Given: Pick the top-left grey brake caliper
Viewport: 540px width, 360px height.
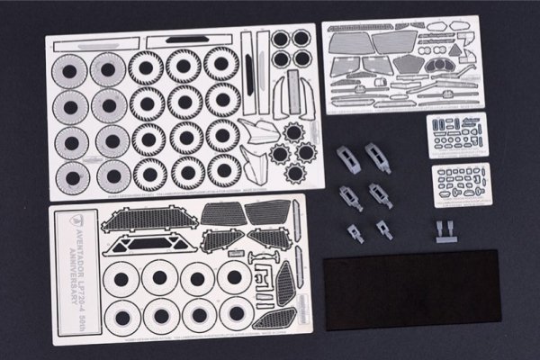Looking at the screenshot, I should pos(349,158).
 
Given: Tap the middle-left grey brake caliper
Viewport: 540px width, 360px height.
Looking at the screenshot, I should pos(349,196).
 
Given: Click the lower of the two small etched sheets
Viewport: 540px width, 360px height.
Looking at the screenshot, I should pos(461,184).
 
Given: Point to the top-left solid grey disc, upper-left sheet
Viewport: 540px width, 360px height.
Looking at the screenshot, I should pos(68,71).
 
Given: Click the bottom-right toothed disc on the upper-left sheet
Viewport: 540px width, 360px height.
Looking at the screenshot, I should pos(223,169).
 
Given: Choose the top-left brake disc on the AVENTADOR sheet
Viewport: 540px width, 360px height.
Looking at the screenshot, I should pos(121,277).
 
